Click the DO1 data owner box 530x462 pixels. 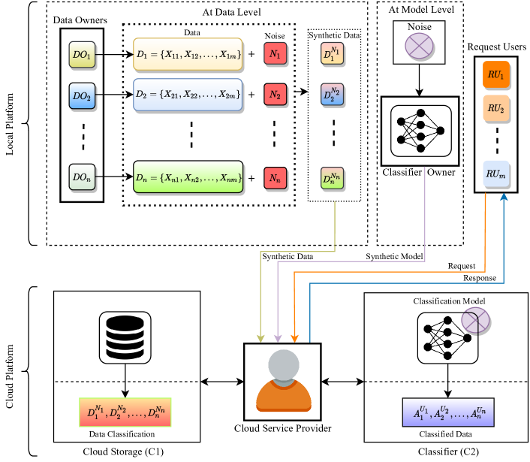82,54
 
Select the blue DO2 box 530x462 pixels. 82,95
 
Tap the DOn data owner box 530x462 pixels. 82,177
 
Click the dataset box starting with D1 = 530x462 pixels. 188,54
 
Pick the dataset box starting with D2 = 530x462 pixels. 188,95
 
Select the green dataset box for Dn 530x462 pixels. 188,177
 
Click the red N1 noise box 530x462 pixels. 276,54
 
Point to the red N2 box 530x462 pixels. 276,95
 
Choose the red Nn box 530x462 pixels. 276,178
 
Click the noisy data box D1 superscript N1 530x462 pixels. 332,53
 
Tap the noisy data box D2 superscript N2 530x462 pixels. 332,95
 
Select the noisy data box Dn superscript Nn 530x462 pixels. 332,178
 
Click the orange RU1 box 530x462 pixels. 495,74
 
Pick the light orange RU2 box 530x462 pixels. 495,108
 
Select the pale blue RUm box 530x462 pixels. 495,174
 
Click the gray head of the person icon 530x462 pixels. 284,365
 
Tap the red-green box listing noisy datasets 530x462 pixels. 125,412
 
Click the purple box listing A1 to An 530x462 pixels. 448,412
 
